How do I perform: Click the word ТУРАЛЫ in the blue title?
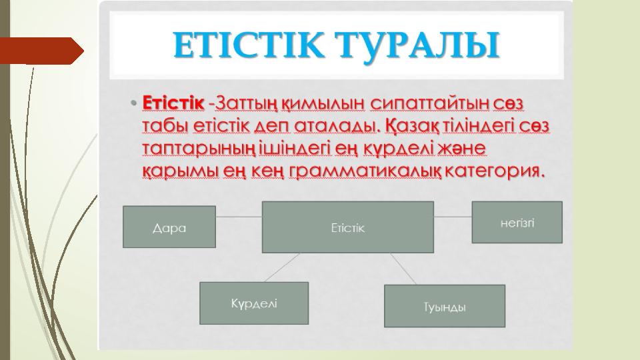click(x=417, y=45)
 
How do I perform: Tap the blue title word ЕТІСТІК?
click(x=249, y=45)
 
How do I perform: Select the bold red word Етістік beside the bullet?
click(x=173, y=103)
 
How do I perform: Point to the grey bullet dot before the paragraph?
click(x=133, y=103)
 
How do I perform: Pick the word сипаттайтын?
click(x=429, y=104)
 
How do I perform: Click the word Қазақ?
click(x=412, y=126)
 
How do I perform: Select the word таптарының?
click(x=199, y=149)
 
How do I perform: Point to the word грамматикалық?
click(x=365, y=171)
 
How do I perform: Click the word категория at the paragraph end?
click(x=494, y=171)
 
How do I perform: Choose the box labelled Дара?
click(x=169, y=227)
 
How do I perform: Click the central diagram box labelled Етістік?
click(x=348, y=227)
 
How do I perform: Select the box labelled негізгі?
click(x=517, y=223)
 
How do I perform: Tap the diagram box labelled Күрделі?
click(x=254, y=303)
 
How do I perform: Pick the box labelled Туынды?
click(x=445, y=306)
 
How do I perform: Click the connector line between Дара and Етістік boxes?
click(x=239, y=217)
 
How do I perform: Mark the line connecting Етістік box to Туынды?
click(x=404, y=269)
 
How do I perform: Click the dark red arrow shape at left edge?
click(x=41, y=51)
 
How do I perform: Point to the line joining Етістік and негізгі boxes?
click(x=453, y=217)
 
